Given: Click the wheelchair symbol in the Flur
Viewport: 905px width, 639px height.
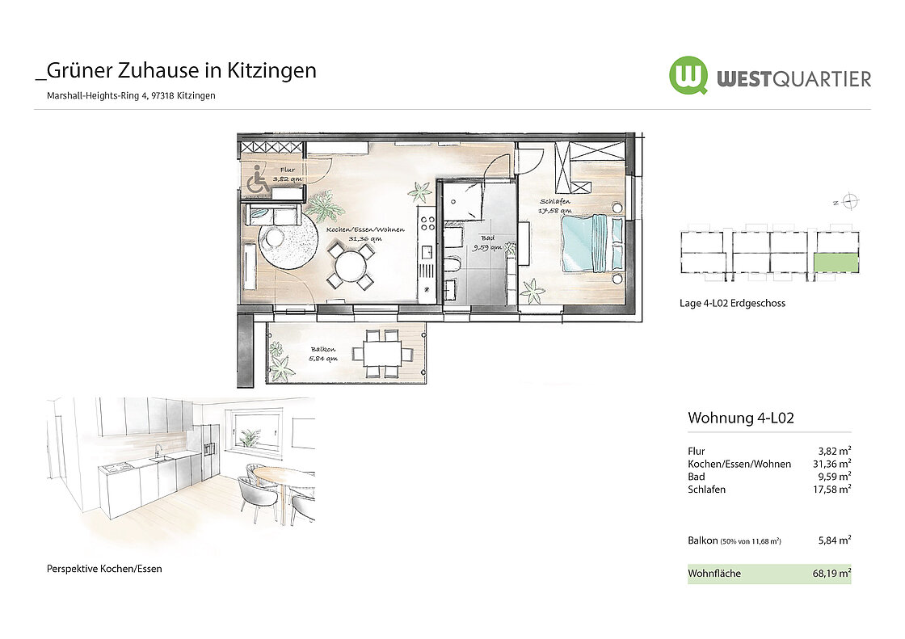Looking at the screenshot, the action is point(258,179).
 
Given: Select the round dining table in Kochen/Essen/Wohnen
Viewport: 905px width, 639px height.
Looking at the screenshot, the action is point(350,266).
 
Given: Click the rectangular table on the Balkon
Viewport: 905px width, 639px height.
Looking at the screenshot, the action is point(382,353).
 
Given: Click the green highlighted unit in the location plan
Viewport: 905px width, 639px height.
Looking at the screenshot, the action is point(836,263).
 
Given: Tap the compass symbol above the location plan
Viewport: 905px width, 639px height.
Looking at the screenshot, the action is point(849,201).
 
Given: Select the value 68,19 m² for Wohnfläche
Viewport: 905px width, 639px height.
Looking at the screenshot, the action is point(831,574).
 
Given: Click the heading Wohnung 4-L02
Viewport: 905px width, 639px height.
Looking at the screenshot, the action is point(740,418).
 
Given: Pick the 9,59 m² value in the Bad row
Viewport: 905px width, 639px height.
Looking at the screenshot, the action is point(835,476).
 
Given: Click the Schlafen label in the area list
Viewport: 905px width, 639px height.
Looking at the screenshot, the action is point(706,490).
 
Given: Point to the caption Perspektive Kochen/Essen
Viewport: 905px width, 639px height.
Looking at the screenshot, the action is point(104,569).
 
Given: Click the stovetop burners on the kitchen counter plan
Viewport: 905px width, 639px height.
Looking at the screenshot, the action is point(427,223).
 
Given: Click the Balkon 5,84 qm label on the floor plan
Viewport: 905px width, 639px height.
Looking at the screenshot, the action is point(323,354).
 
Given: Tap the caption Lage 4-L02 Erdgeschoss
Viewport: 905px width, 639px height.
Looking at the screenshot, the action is point(732,303).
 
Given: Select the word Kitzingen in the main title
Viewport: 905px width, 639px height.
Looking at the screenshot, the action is point(271,71).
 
